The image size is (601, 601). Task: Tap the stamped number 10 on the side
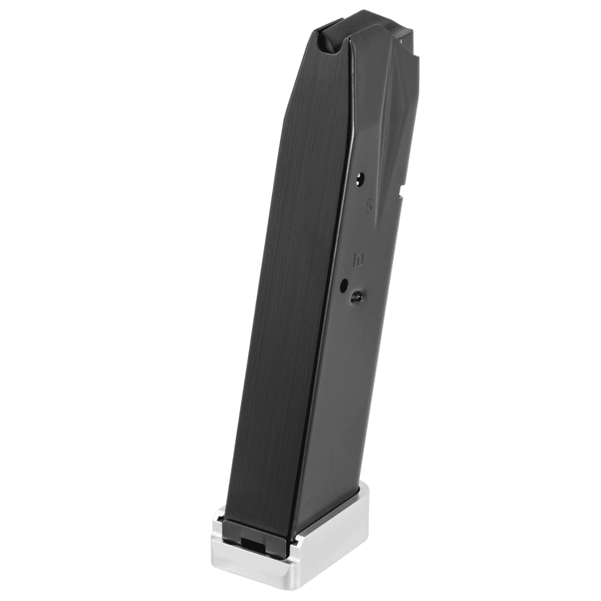coord(358,260)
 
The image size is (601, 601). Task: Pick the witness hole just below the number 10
coord(344,285)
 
